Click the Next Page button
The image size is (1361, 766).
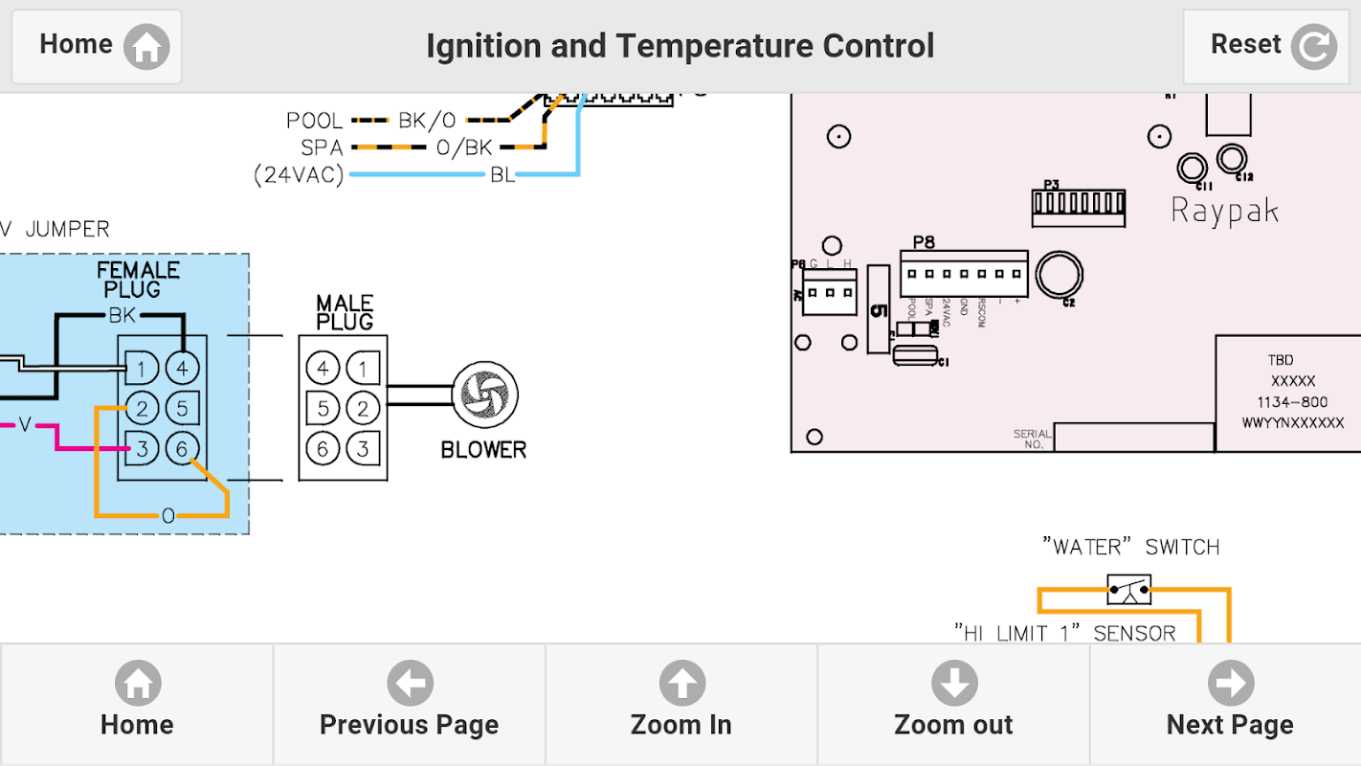coord(1229,704)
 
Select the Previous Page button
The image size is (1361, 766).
coord(409,704)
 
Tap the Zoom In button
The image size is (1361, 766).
coord(680,704)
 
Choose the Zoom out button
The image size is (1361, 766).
coord(953,704)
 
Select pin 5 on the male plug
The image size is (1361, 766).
coord(323,409)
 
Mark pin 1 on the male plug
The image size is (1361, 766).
coord(362,368)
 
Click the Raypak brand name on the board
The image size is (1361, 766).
coord(1224,211)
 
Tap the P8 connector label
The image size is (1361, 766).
coord(923,241)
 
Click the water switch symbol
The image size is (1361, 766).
coord(1129,590)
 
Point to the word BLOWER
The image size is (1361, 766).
coord(483,449)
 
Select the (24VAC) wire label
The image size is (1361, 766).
coord(298,175)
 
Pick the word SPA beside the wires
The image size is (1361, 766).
coord(322,147)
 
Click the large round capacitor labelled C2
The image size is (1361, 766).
coord(1059,275)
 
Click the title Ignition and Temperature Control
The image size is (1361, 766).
coord(680,46)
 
